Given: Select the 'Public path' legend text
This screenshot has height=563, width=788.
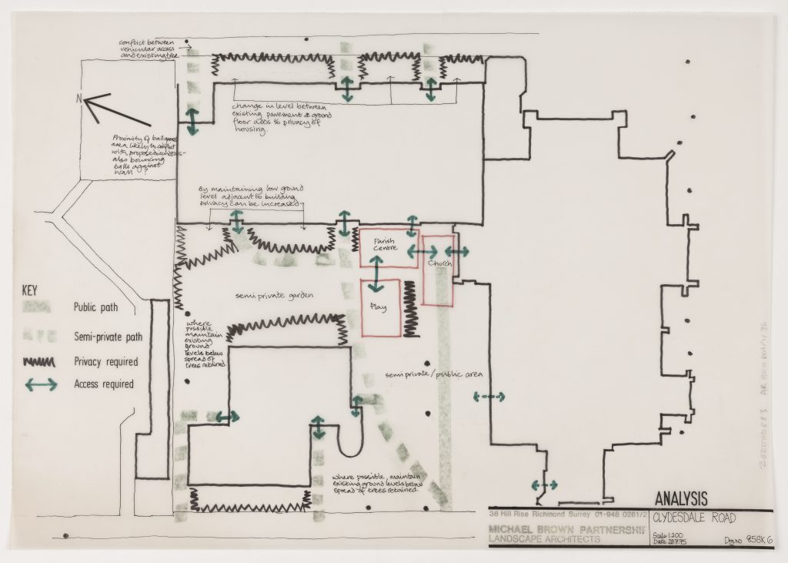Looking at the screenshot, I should pos(97,307).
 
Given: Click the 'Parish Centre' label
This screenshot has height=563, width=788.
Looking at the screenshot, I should pos(384,246).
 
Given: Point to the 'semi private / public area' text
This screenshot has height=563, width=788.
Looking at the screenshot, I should pos(433,374).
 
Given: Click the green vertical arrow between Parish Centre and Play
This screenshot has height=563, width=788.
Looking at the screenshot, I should pos(376,274).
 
